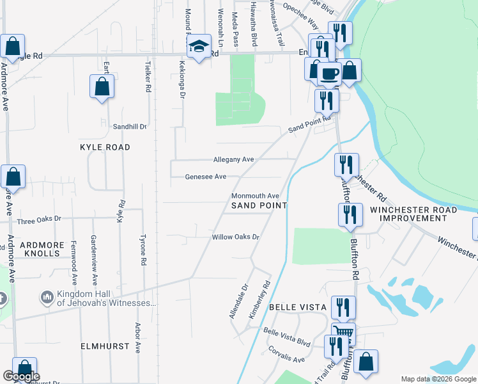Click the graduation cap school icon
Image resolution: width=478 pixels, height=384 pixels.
pos(199,47)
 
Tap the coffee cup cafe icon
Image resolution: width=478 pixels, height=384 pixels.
pos(330,73)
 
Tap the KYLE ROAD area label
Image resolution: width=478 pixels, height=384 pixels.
pos(105,147)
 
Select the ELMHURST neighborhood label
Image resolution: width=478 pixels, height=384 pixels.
pos(105,346)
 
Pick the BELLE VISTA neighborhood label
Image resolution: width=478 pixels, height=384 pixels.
pos(298,308)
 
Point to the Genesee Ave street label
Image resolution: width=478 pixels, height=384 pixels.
pos(205,177)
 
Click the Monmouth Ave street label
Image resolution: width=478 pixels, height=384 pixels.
pos(255,196)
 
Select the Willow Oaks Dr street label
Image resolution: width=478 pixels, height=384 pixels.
pos(235,237)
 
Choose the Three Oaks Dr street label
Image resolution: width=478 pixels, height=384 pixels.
pos(39,219)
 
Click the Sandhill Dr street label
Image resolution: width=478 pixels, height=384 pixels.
pos(130,127)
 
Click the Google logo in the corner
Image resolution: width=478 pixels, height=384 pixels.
pos(21,376)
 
